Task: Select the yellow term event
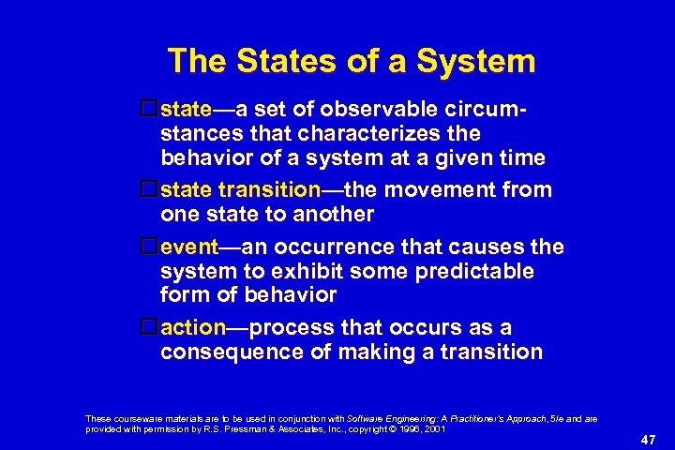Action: (x=189, y=247)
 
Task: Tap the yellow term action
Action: (x=193, y=328)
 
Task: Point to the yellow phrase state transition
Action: (x=241, y=189)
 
